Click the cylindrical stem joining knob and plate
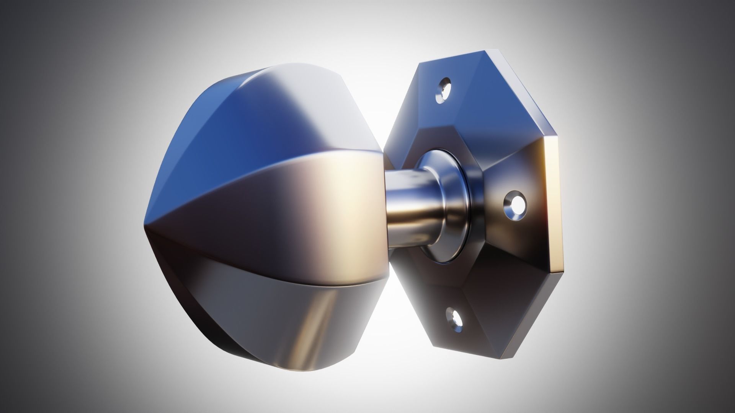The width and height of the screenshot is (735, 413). pyautogui.click(x=406, y=206)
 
